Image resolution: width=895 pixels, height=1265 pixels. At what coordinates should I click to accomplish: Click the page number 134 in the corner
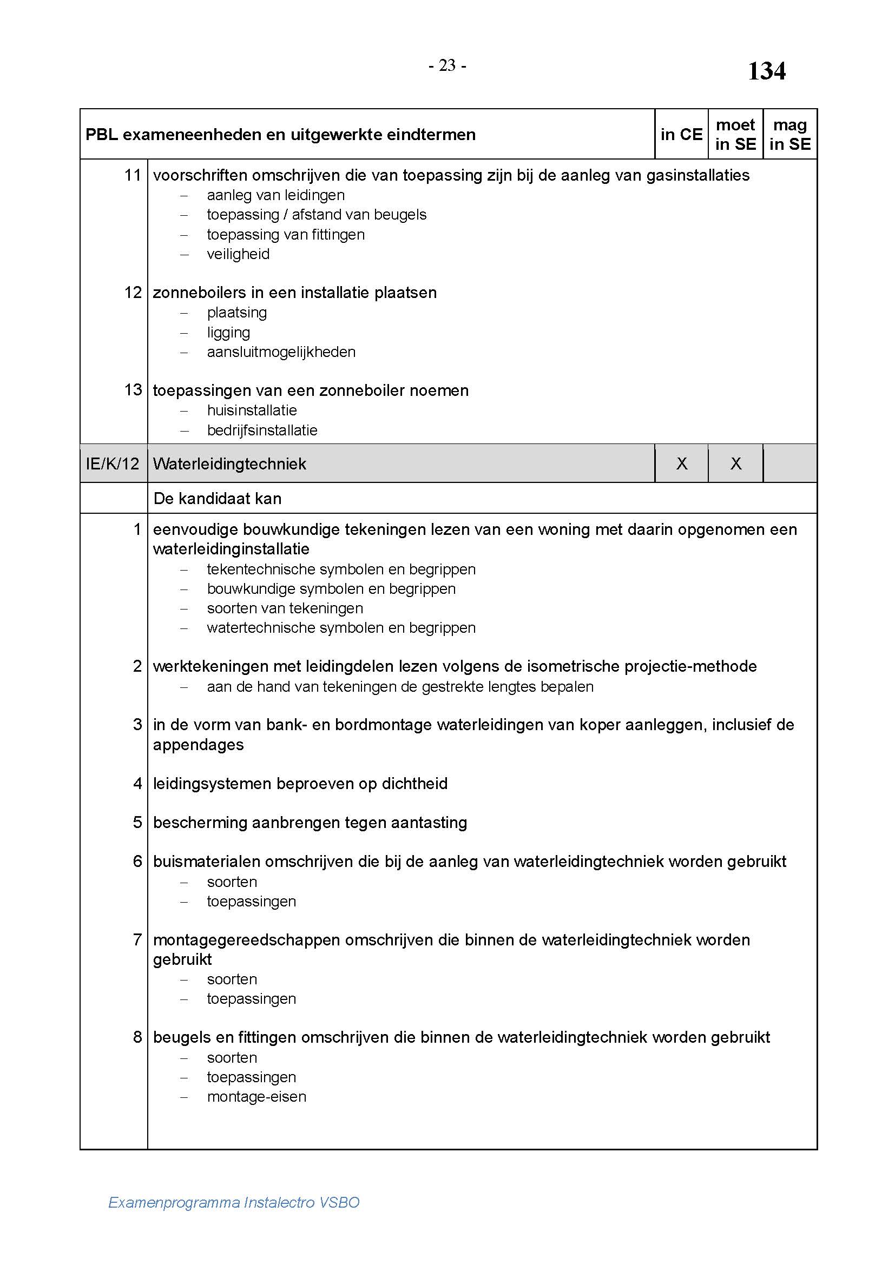[766, 71]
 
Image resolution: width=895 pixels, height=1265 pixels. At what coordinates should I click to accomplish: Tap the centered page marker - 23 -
[447, 65]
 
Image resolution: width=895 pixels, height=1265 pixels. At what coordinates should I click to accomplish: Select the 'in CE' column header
[681, 135]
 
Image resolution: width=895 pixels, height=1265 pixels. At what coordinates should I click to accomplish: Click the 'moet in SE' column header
[735, 135]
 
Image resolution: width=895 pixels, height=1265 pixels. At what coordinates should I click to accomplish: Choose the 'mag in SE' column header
[789, 135]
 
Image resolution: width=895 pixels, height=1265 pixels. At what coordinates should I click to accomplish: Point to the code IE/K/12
[113, 463]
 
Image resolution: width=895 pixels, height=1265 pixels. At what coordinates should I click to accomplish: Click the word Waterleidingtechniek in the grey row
[229, 463]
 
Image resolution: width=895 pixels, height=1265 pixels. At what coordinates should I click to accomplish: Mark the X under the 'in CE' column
[682, 463]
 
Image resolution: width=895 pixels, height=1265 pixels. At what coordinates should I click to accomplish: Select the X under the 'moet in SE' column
[736, 463]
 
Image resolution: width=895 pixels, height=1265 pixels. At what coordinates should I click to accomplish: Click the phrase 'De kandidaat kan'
[217, 499]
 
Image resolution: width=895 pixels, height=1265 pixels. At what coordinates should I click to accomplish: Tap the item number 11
[133, 175]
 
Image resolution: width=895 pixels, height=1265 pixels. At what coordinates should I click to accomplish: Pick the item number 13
[133, 390]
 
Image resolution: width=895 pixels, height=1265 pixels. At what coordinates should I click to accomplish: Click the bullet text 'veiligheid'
[238, 254]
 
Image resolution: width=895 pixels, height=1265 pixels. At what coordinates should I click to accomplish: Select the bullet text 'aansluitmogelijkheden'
[281, 352]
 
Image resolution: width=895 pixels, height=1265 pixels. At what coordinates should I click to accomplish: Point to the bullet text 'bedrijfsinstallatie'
[262, 431]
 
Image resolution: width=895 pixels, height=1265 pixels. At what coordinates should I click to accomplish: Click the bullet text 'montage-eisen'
[256, 1096]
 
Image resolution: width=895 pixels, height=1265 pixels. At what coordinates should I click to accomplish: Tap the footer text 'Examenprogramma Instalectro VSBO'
[234, 1202]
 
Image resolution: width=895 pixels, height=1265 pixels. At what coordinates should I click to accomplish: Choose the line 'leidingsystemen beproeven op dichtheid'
[300, 784]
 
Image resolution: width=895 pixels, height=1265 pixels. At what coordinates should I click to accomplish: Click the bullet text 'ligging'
[228, 333]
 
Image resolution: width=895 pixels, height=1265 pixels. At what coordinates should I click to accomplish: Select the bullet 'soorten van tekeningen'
[285, 608]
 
